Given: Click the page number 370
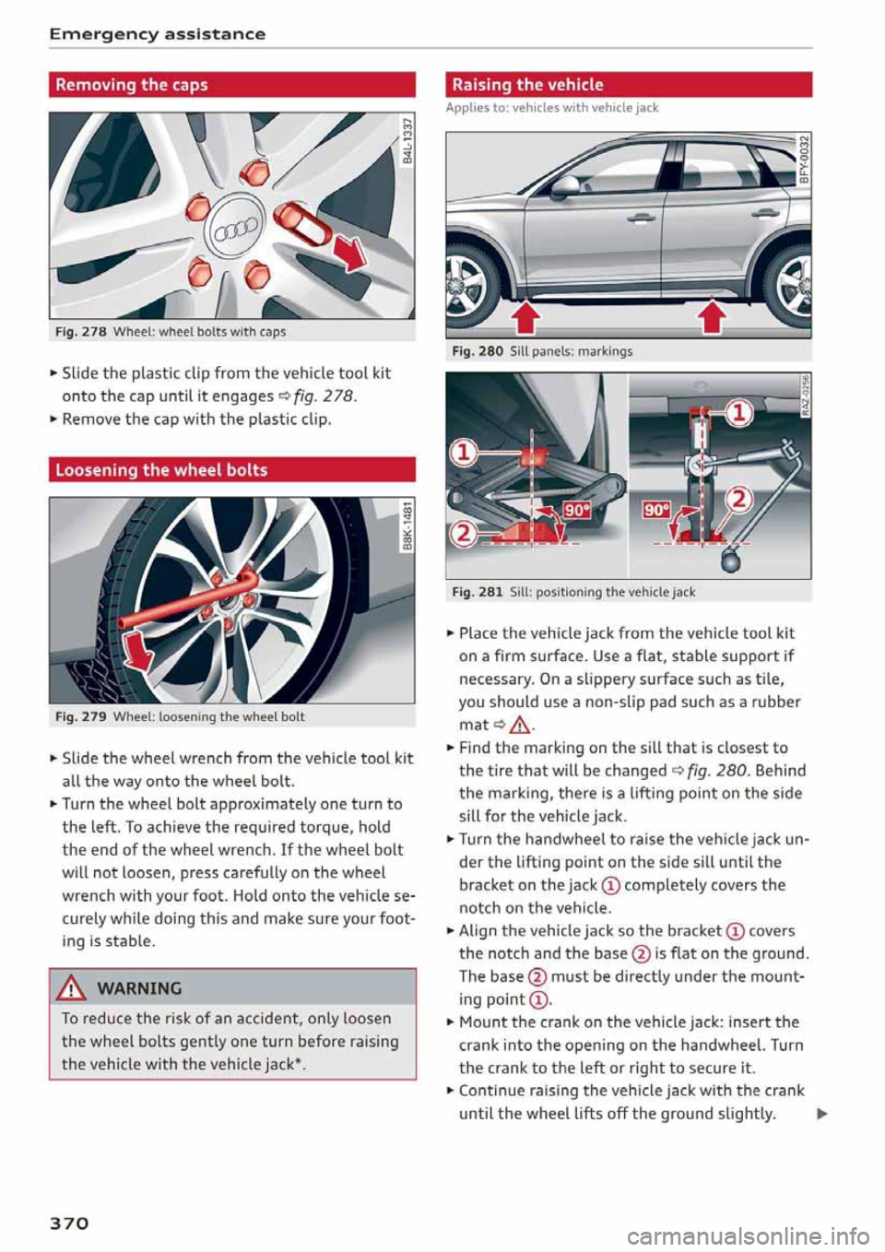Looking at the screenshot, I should click(69, 1222).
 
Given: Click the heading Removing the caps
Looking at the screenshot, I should click(132, 85).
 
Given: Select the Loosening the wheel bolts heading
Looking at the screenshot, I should click(161, 470).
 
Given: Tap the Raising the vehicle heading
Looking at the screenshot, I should click(527, 85).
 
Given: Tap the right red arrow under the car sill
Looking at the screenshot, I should click(714, 318).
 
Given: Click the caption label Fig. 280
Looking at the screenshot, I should click(477, 351).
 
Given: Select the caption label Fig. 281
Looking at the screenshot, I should click(477, 592).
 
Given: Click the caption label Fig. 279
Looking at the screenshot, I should click(78, 716).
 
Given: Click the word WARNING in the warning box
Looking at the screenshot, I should click(139, 988).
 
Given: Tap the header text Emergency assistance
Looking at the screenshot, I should click(157, 34).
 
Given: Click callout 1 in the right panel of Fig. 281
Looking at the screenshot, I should click(739, 411).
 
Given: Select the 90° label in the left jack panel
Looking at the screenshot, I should click(576, 510).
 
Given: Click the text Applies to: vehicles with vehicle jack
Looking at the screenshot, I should click(552, 108).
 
